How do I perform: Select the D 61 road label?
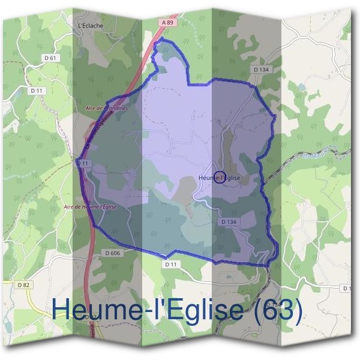click(x=52, y=58)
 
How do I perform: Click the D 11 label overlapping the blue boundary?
click(x=83, y=163)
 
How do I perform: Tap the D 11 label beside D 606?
click(x=171, y=264)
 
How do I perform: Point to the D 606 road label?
click(x=112, y=253)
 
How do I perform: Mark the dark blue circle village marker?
click(x=220, y=177)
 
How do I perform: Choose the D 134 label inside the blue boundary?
click(x=229, y=221)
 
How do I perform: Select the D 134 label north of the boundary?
click(x=262, y=70)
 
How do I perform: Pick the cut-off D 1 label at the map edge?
click(x=347, y=289)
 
